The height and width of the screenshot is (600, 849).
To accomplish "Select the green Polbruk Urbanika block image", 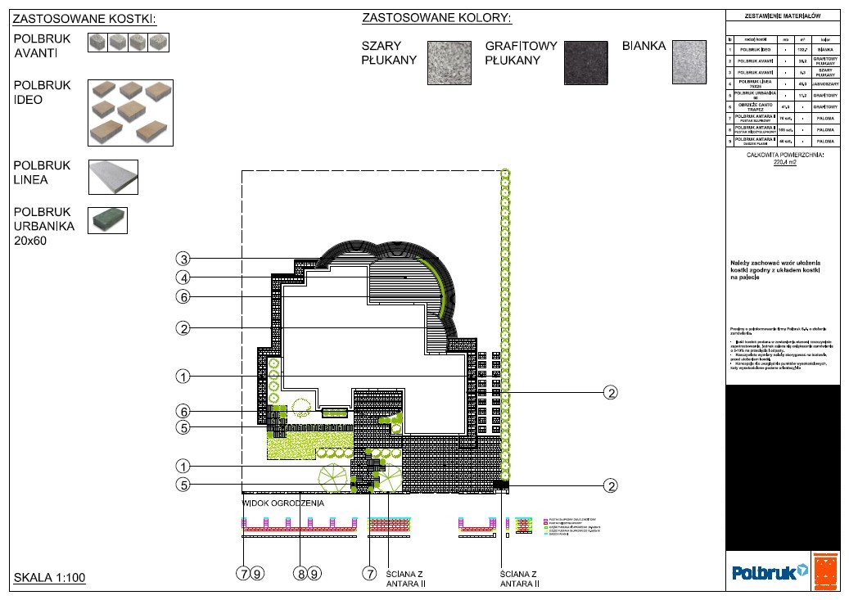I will click(107, 219).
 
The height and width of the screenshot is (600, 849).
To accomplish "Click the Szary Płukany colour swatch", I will click(449, 62).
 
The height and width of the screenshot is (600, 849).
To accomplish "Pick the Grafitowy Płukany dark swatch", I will click(585, 62).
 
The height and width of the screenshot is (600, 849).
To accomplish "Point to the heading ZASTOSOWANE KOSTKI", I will click(84, 19).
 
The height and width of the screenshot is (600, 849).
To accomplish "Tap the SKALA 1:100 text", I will click(50, 578).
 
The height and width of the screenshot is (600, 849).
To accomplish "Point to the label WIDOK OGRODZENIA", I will click(283, 503).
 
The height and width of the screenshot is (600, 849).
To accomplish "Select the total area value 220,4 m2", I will click(784, 162).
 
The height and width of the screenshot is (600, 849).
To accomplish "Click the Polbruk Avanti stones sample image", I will click(129, 43).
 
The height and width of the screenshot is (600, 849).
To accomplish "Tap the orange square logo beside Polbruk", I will click(826, 571).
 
